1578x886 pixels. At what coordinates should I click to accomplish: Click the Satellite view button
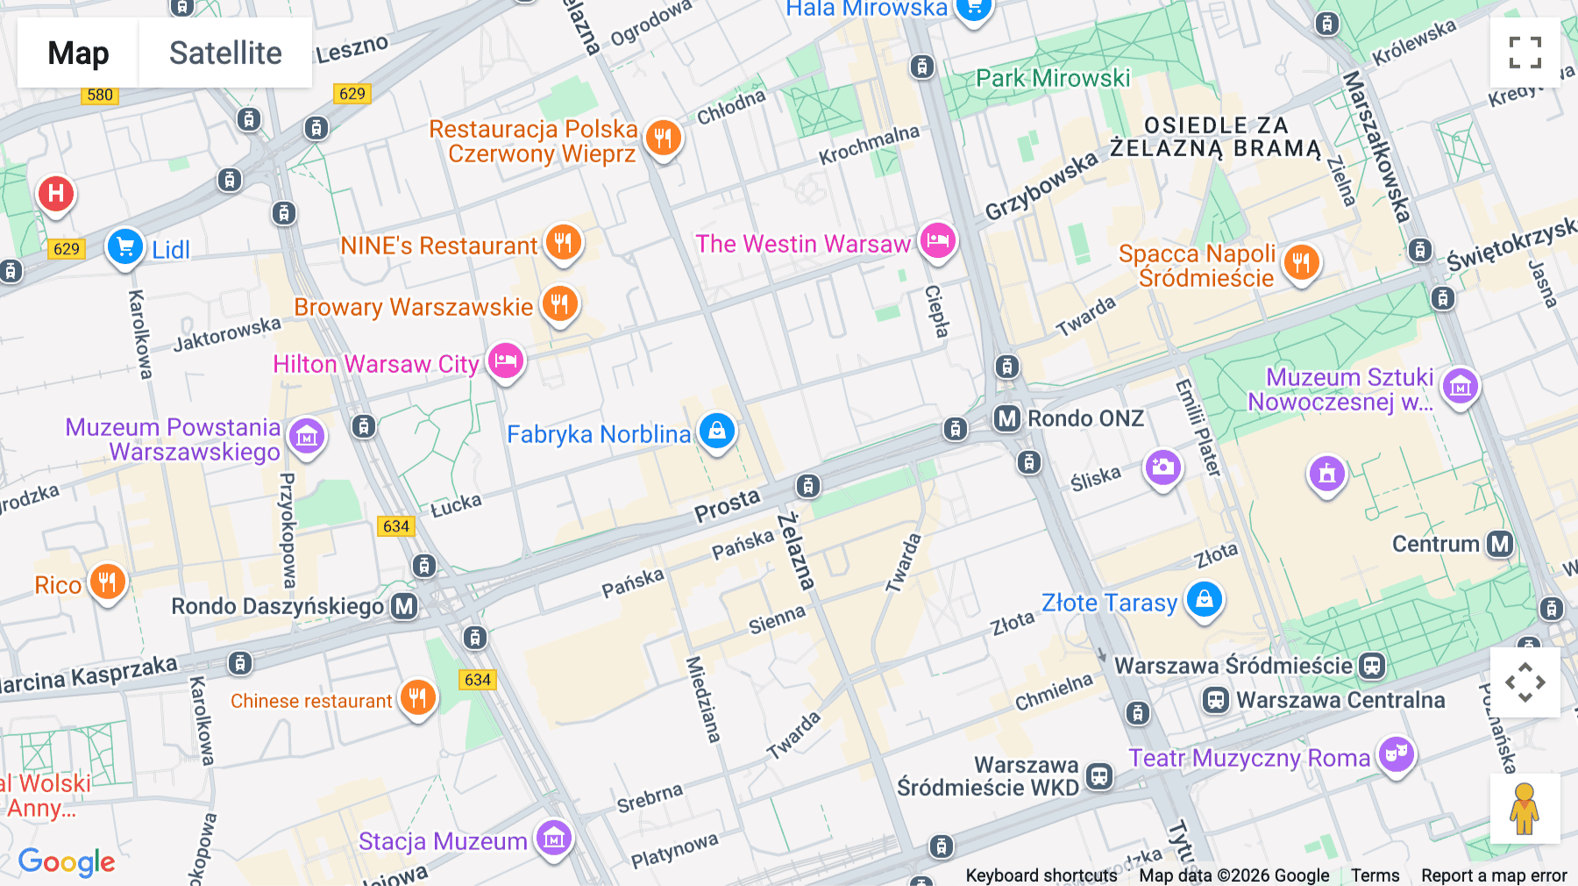point(225,53)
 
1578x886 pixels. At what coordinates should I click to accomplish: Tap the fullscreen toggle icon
point(1525,53)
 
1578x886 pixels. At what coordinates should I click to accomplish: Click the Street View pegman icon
point(1525,809)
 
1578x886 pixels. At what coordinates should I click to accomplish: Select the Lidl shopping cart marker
point(125,247)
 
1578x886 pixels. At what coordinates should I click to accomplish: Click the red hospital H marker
point(56,193)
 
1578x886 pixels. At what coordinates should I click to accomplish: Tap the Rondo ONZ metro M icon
point(1007,418)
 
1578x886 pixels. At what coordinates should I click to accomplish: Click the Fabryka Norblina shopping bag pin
point(717,431)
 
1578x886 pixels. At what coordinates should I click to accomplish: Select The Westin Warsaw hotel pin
point(937,240)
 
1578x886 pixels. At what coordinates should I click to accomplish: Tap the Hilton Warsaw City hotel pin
point(506,361)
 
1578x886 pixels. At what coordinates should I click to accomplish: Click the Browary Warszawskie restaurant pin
point(559,304)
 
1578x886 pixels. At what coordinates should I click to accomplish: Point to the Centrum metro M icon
point(1500,544)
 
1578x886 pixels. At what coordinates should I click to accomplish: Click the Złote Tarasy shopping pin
point(1205,599)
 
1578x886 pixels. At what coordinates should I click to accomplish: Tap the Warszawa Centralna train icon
point(1215,700)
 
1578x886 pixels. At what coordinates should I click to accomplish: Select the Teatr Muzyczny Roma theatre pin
point(1396,754)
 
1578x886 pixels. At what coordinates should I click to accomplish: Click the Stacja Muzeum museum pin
point(554,839)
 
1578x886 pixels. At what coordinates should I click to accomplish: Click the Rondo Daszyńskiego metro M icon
point(404,606)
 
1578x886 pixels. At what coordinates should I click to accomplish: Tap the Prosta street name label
point(727,506)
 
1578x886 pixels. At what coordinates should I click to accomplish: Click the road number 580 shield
point(100,95)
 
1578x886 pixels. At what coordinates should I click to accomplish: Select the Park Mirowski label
point(1053,78)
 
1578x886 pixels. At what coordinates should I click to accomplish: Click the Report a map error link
point(1494,875)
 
